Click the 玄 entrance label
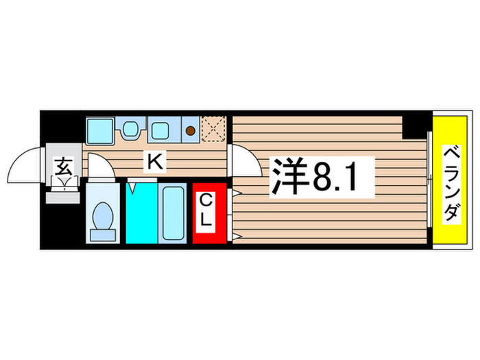(64, 166)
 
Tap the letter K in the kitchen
(156, 163)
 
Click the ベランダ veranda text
(449, 182)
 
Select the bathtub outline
(172, 212)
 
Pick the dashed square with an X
(214, 128)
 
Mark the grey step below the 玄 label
(64, 197)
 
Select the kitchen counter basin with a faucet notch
(130, 128)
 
